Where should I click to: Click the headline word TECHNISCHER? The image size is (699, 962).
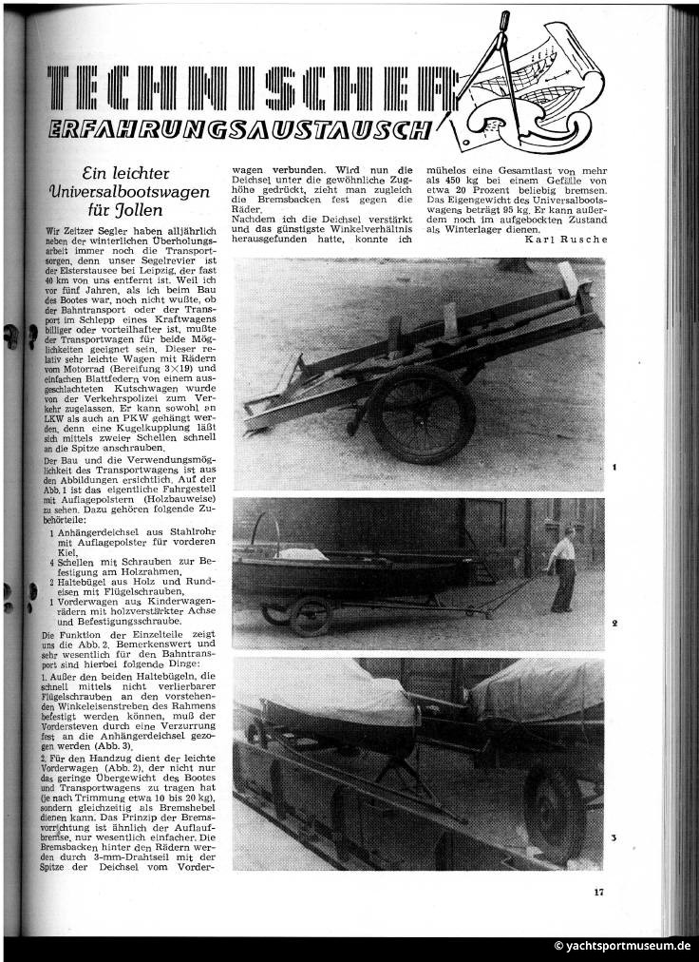tap(247, 90)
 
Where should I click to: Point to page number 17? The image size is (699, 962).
tap(598, 892)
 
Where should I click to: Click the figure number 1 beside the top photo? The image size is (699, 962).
tap(615, 469)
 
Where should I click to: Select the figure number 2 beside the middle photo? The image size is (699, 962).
tap(615, 624)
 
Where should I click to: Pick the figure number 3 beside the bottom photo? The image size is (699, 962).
tap(615, 837)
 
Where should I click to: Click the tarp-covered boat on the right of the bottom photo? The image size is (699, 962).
tap(538, 694)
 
